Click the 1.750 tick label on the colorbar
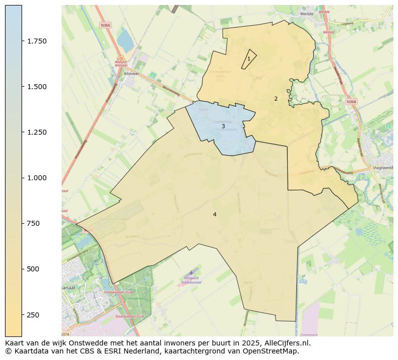pos(37,41)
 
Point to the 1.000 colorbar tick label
pos(37,178)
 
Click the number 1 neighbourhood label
pos(249,59)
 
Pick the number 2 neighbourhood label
pos(276,99)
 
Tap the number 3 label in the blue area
pos(223,127)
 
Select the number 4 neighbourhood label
pos(215,214)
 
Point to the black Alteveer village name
pos(131,74)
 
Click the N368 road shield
pos(351,102)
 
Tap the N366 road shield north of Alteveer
pos(105,25)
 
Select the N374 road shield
pos(66,334)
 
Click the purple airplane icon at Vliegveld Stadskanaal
pos(191,272)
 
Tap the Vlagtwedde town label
pos(383,168)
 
